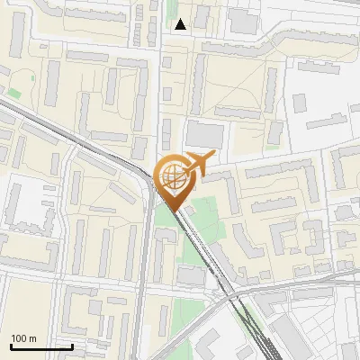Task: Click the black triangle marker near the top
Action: tap(181, 24)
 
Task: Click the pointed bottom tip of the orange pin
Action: tap(175, 211)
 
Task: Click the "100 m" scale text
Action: tap(24, 338)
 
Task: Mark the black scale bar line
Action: tap(41, 346)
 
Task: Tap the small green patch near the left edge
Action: tap(14, 92)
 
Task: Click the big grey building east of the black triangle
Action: tap(242, 22)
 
